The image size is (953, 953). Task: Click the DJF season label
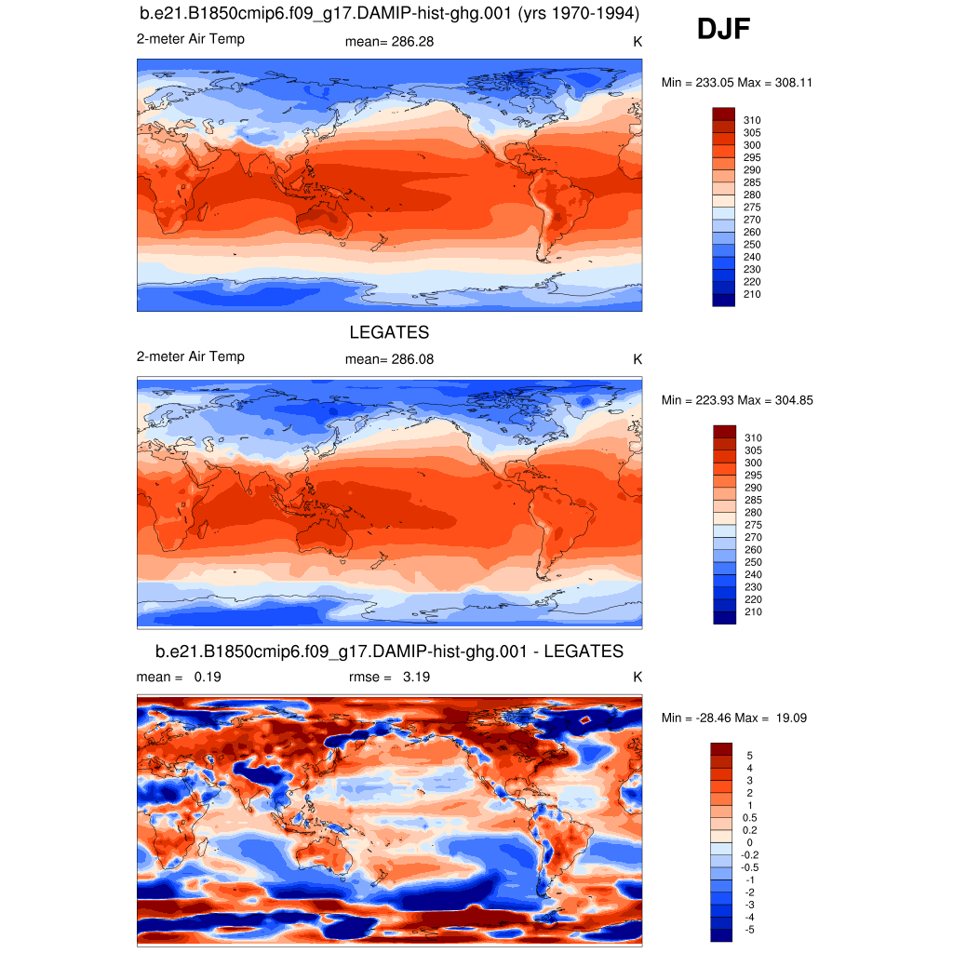tap(723, 30)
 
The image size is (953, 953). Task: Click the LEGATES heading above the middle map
tap(389, 332)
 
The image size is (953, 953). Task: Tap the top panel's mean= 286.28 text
tap(389, 41)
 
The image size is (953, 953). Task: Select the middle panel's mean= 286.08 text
tap(389, 359)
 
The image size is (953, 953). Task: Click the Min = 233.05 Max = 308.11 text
tap(737, 82)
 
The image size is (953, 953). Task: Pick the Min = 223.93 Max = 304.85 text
tap(737, 400)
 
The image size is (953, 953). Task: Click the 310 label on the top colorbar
tap(752, 120)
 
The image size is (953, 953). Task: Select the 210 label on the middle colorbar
tap(752, 611)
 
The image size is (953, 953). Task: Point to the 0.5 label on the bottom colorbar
tap(750, 817)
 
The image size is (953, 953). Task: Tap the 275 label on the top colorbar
tap(752, 207)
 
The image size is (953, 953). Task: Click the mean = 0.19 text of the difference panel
tap(179, 678)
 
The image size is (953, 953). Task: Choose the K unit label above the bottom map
tap(638, 678)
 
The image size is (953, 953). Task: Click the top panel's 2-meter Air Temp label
tap(190, 39)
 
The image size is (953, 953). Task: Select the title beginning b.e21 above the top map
tap(389, 14)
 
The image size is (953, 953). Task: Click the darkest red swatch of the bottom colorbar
tap(723, 749)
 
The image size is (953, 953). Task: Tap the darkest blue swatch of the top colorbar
tap(723, 300)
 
